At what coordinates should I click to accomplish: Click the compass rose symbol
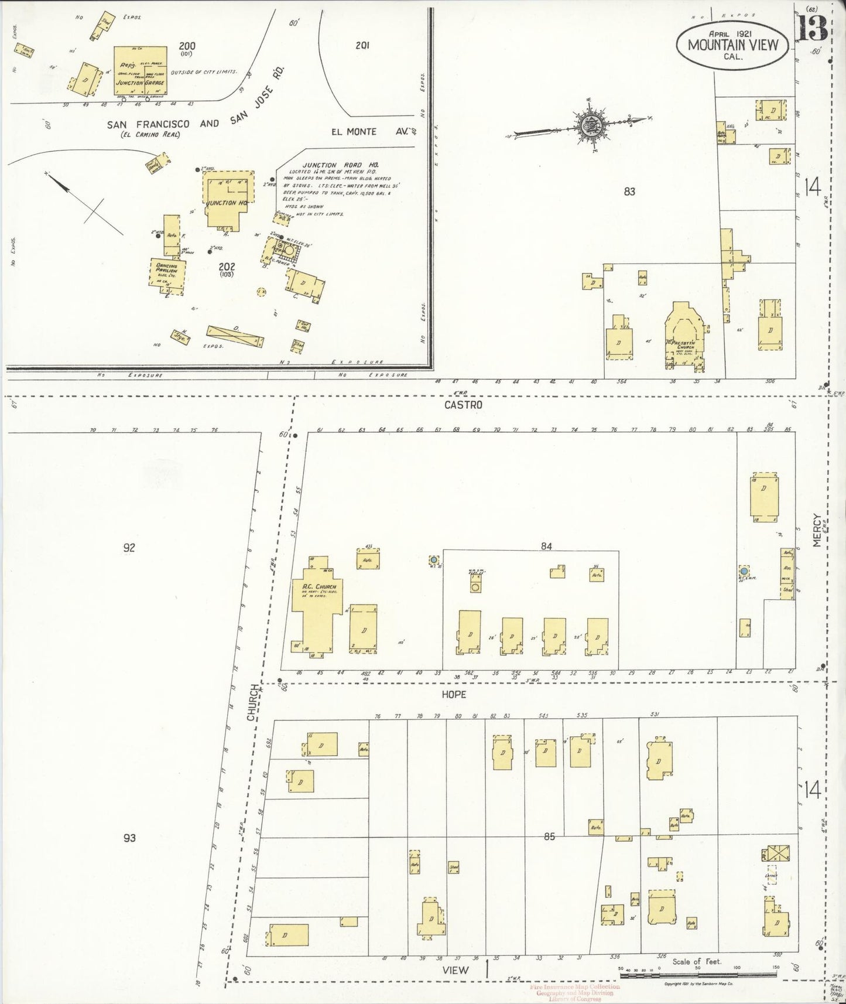click(x=587, y=125)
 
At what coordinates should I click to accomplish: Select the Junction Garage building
click(x=141, y=71)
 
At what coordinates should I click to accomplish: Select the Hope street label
click(x=454, y=694)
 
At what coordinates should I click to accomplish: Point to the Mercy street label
click(x=818, y=531)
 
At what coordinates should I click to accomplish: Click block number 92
click(x=129, y=548)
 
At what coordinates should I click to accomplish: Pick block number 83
click(x=629, y=191)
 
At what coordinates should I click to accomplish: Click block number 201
click(x=362, y=45)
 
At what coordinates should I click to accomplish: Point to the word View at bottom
click(x=455, y=969)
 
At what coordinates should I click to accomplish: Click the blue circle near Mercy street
click(x=744, y=571)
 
